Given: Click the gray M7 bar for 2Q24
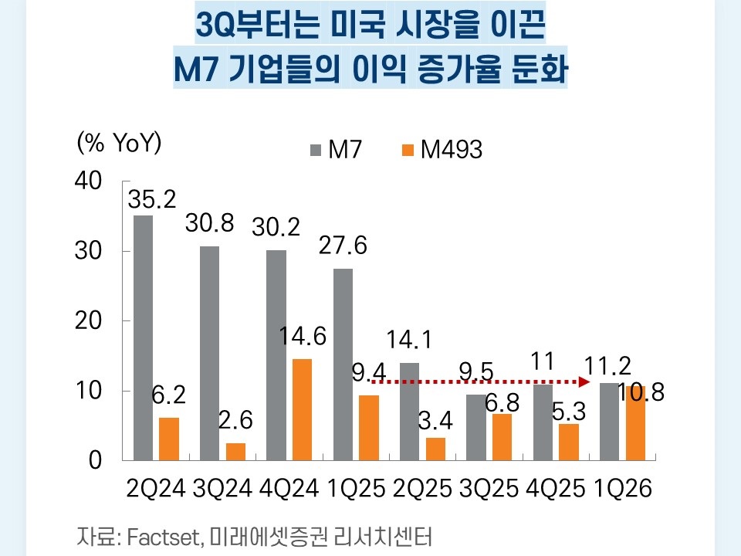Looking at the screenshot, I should click(x=143, y=337).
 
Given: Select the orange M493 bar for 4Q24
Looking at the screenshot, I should click(x=302, y=409).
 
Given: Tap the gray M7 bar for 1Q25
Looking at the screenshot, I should click(x=343, y=364).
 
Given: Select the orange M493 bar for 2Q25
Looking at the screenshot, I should click(x=435, y=449).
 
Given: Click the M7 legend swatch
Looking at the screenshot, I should click(x=316, y=150).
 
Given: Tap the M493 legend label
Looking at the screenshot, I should click(x=452, y=150).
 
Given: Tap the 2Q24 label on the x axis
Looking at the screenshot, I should click(x=154, y=489).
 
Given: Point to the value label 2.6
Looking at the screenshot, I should click(x=236, y=421).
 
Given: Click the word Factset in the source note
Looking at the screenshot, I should click(x=161, y=534).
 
